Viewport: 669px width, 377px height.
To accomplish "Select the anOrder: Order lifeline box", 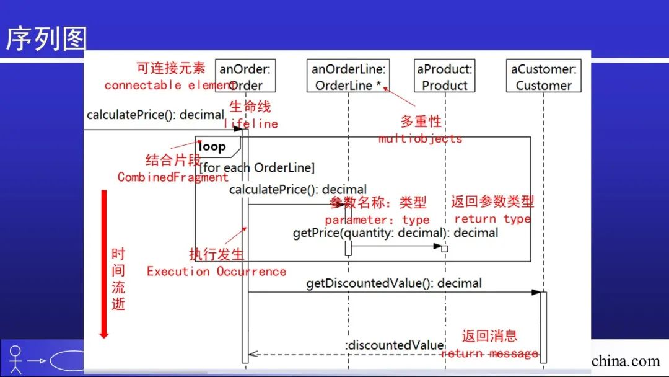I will tap(246, 76).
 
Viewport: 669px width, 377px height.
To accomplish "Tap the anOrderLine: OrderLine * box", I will tap(349, 76).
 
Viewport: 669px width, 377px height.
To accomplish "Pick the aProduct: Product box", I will tap(445, 76).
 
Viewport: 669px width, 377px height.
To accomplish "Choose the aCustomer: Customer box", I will tap(543, 76).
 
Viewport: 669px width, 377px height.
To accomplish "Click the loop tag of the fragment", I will tap(213, 147).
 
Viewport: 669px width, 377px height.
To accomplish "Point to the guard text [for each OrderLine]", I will tap(256, 167).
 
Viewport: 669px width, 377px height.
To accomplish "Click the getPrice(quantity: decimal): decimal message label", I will tap(395, 233).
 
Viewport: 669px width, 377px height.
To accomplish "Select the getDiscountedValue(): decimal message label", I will tap(393, 283).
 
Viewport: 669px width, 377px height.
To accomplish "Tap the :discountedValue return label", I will tap(395, 345).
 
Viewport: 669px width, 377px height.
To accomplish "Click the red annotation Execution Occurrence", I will tap(216, 272).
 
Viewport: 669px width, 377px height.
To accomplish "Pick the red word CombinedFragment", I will tap(173, 177).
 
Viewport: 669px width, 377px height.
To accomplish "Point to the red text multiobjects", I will tap(421, 138).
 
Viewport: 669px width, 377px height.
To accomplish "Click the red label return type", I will tap(492, 219).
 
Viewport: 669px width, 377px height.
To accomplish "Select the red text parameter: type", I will tap(377, 220).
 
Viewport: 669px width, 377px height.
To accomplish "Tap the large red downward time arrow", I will tap(104, 264).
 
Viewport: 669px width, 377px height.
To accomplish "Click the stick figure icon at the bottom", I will tap(15, 358).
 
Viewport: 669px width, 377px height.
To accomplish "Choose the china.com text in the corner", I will tap(626, 361).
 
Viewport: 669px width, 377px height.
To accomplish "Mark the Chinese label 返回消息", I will tap(489, 336).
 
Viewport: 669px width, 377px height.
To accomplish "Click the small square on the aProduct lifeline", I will tap(444, 249).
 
